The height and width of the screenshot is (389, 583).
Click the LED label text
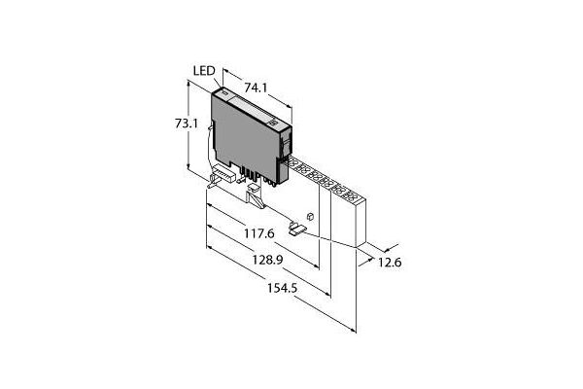(204, 71)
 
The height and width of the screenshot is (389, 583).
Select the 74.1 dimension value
(256, 88)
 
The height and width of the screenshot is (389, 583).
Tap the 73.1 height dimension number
(187, 124)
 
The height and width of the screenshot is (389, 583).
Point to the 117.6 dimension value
(259, 233)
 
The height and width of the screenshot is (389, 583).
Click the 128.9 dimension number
(268, 260)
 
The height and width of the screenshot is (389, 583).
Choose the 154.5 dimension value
(283, 288)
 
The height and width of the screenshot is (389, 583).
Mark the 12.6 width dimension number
(390, 263)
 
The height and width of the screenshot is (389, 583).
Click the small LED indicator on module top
(223, 91)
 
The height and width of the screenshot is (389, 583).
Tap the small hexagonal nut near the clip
(311, 216)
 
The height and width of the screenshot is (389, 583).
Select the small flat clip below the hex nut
(297, 229)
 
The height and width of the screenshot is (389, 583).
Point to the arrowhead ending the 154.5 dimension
(353, 330)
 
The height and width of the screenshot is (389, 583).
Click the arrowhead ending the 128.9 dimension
(327, 294)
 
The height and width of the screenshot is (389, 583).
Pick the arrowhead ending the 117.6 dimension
(316, 265)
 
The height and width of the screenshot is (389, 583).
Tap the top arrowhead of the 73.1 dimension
(189, 85)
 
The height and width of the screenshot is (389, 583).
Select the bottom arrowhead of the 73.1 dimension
(189, 166)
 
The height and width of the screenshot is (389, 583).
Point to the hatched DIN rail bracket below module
(256, 195)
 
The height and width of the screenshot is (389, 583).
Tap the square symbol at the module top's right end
(274, 123)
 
